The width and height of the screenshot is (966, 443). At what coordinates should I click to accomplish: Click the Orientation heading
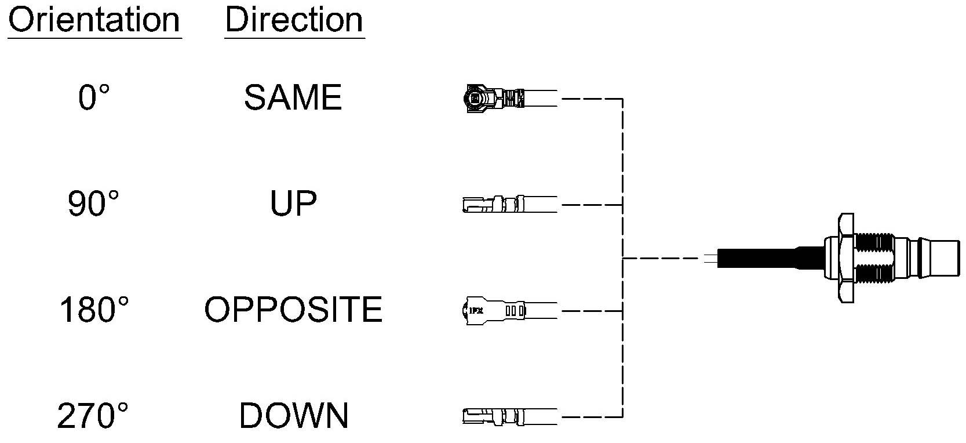click(94, 20)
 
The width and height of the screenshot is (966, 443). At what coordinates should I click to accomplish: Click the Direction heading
click(294, 20)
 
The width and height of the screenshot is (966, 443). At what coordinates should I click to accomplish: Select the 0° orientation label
click(94, 97)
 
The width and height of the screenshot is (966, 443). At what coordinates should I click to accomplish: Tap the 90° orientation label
click(93, 203)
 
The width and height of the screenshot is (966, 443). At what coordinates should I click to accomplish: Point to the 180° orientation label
click(93, 309)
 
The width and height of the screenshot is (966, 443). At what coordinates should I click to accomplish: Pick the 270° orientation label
click(93, 415)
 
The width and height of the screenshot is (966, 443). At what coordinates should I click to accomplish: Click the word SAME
click(293, 97)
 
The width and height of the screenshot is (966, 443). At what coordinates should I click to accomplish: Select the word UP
click(293, 203)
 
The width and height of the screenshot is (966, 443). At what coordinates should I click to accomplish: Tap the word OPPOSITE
click(293, 309)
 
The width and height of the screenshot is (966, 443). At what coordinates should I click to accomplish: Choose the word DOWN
click(294, 415)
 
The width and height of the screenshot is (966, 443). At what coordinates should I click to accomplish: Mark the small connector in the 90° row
click(494, 204)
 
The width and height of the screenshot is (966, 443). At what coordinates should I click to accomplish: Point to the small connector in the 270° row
click(494, 417)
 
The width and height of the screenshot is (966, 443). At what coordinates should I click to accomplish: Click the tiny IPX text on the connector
click(476, 310)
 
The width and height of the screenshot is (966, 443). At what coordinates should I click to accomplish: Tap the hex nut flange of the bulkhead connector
click(845, 258)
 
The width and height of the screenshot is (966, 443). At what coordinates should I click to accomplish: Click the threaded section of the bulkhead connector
click(873, 258)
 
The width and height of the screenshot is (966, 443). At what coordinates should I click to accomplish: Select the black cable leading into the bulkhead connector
click(770, 258)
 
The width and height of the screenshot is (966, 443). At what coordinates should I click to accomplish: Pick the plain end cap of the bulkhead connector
click(945, 258)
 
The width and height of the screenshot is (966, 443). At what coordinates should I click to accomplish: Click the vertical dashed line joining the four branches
click(623, 258)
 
